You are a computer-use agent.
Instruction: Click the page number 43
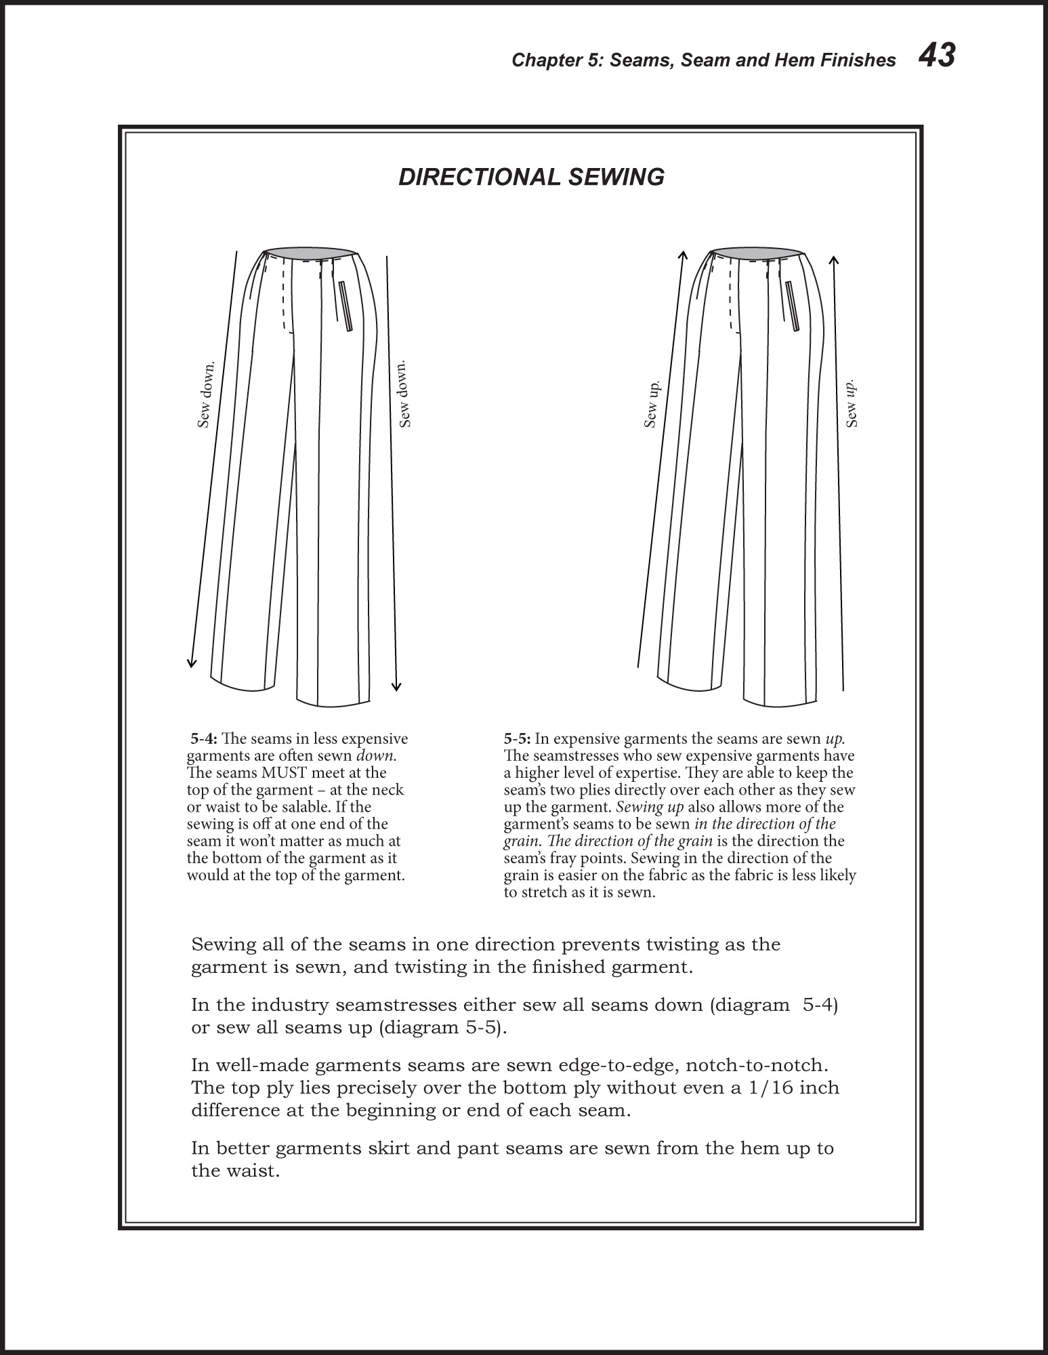[x=936, y=56]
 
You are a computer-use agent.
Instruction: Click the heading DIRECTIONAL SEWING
[x=531, y=177]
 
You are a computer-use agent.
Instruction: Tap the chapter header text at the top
[x=703, y=60]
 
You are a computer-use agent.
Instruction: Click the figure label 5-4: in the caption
[x=204, y=738]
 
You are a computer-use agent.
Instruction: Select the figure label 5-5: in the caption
[x=518, y=738]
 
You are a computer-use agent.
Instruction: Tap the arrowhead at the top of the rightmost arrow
[x=834, y=260]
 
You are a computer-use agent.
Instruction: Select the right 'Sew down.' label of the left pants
[x=404, y=394]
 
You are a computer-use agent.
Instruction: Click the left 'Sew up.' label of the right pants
[x=651, y=404]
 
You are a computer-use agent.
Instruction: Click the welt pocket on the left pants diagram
[x=345, y=306]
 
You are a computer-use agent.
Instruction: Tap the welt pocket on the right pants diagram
[x=793, y=306]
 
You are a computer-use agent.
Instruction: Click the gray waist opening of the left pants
[x=310, y=253]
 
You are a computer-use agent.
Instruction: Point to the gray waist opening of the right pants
[x=757, y=253]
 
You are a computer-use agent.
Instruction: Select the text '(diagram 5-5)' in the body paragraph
[x=440, y=1028]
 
